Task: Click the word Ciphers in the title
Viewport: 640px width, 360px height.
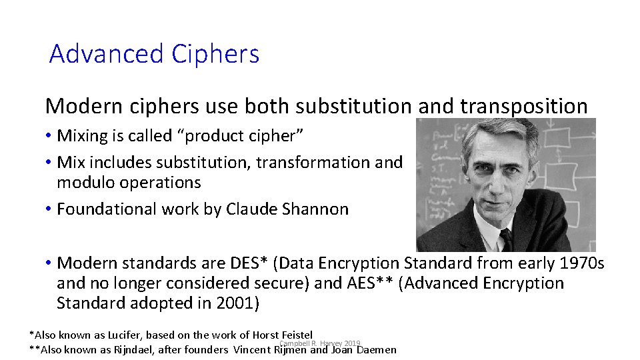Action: point(215,54)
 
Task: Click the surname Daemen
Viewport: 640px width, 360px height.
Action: point(377,349)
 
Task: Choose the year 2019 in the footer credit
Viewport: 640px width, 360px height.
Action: point(352,343)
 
